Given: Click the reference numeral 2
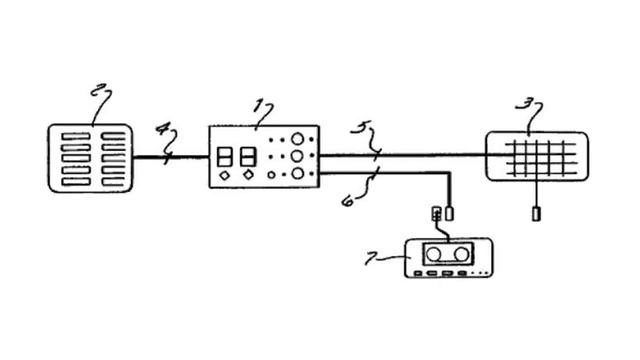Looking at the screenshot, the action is click(x=96, y=90).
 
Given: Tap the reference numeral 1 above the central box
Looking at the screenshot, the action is click(x=258, y=106).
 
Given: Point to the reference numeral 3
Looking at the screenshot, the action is click(x=521, y=104).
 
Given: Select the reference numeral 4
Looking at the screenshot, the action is click(x=162, y=128).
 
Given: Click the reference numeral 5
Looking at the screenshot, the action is click(x=359, y=127).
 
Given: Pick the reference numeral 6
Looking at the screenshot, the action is click(x=348, y=201).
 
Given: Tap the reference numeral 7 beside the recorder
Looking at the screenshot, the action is click(x=371, y=258).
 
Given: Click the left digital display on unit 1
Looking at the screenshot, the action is click(x=224, y=157).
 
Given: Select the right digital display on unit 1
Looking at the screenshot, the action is click(x=249, y=157).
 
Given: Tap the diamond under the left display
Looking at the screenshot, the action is click(x=224, y=176).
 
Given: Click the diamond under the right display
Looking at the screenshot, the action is click(x=248, y=175).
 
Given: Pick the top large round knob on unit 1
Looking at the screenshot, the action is click(x=298, y=139).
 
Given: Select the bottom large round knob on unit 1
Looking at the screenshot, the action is click(x=298, y=173).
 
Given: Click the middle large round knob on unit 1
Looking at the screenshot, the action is click(x=297, y=156).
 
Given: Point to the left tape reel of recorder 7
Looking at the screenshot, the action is click(x=433, y=255).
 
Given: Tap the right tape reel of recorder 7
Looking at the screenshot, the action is click(x=461, y=254).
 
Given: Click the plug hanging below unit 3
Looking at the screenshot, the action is click(x=536, y=214).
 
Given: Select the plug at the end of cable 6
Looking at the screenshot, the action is click(x=449, y=214).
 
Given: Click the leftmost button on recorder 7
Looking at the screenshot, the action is click(x=418, y=273).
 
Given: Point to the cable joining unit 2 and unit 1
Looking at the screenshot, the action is click(x=171, y=157).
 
